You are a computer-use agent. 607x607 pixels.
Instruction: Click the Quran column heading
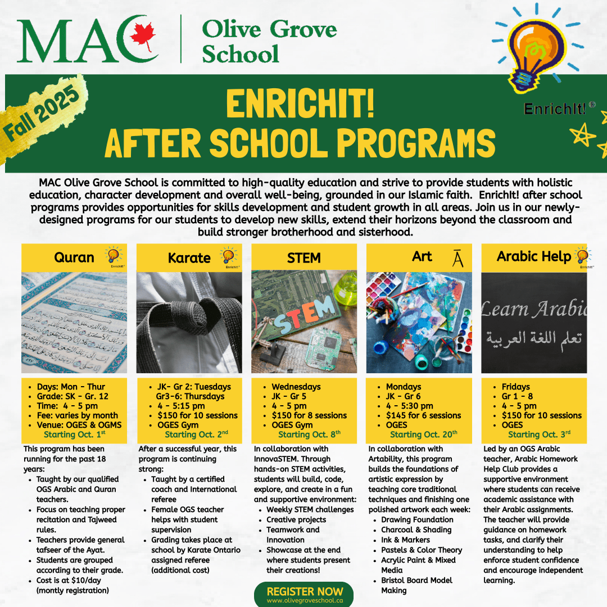[x=74, y=258]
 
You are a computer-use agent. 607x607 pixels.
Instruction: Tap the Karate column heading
[x=189, y=259]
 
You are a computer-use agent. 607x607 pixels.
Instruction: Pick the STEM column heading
[x=303, y=258]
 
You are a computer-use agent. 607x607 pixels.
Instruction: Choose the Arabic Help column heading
[x=533, y=257]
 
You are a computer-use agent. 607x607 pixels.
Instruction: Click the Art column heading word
[x=422, y=257]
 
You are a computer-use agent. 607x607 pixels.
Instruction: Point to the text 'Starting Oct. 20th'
[x=423, y=434]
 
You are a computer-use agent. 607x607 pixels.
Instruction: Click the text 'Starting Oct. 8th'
[x=309, y=434]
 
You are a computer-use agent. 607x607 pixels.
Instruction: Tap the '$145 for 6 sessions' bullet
[x=423, y=415]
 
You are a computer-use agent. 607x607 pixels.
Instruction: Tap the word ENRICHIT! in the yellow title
[x=300, y=105]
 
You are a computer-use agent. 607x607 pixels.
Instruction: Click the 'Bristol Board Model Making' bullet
[x=416, y=585]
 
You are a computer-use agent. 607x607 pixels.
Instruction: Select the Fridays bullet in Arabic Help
[x=515, y=387]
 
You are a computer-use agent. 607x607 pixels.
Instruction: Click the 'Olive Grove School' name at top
[x=269, y=40]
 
